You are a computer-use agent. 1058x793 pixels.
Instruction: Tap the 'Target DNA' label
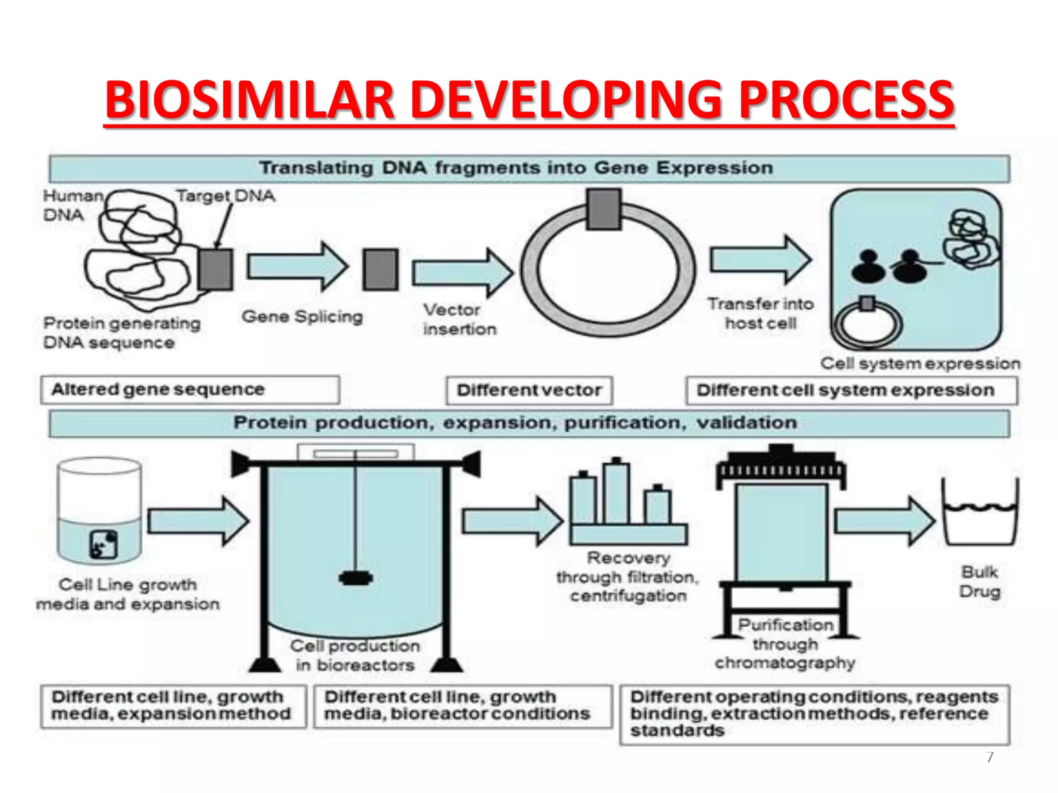(x=226, y=196)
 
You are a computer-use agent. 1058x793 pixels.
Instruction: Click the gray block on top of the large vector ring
(x=603, y=209)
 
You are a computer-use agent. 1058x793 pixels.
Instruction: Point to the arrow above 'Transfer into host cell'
(x=760, y=260)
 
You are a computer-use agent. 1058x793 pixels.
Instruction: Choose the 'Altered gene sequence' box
(x=190, y=390)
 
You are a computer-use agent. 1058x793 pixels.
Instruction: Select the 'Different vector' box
(x=530, y=390)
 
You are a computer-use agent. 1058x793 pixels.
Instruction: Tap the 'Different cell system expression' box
(x=851, y=391)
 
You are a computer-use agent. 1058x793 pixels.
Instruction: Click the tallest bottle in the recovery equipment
(x=616, y=493)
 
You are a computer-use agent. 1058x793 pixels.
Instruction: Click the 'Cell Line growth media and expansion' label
(x=128, y=594)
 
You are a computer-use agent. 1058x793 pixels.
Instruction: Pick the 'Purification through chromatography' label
(x=785, y=644)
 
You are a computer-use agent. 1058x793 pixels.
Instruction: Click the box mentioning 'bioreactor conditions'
(x=463, y=706)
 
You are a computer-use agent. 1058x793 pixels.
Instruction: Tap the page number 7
(x=990, y=757)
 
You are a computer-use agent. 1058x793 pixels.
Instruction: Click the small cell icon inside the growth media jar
(x=103, y=545)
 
